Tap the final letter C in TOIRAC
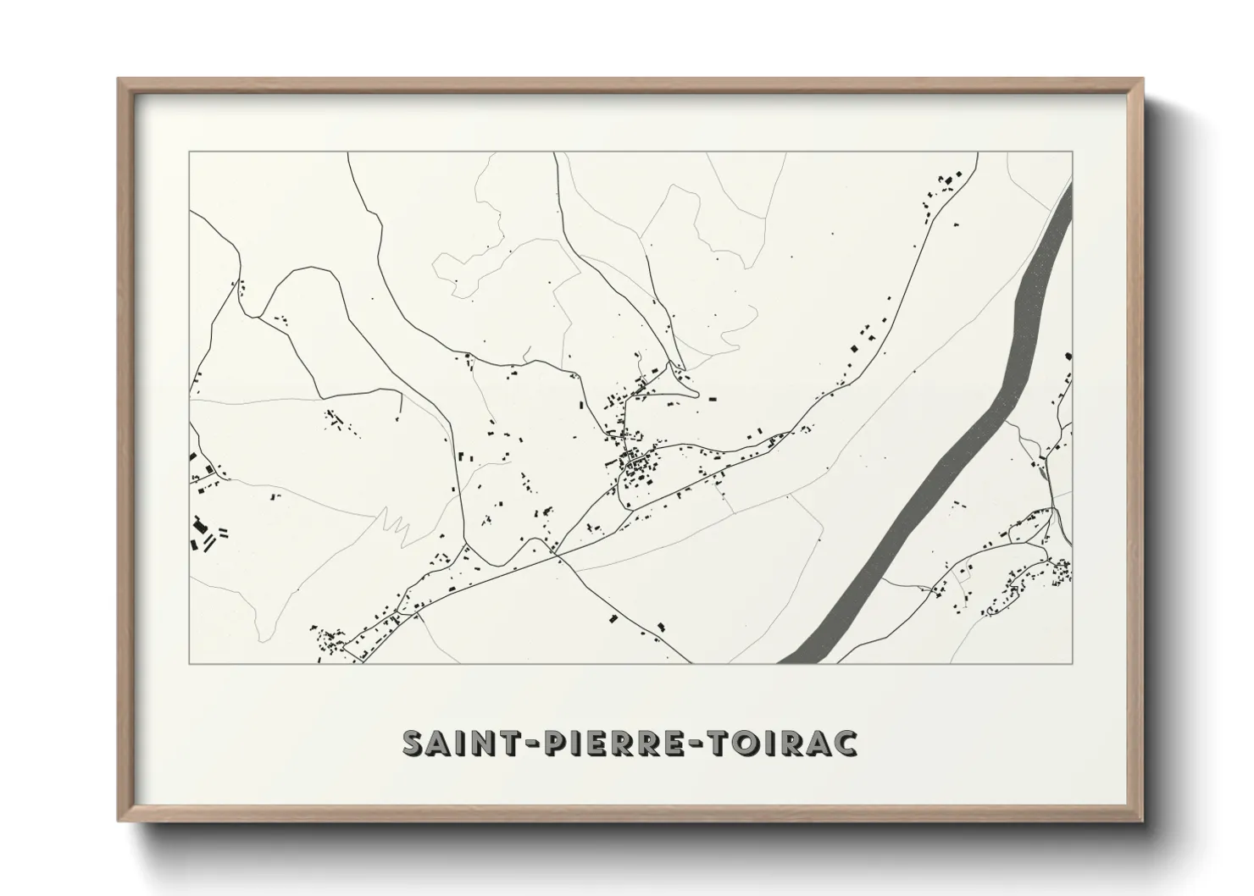[844, 742]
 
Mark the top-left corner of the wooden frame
[119, 79]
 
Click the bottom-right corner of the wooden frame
[1142, 821]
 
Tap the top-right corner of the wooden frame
[1142, 79]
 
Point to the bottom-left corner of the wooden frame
[119, 821]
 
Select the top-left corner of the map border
[189, 152]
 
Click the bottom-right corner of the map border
[1073, 663]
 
